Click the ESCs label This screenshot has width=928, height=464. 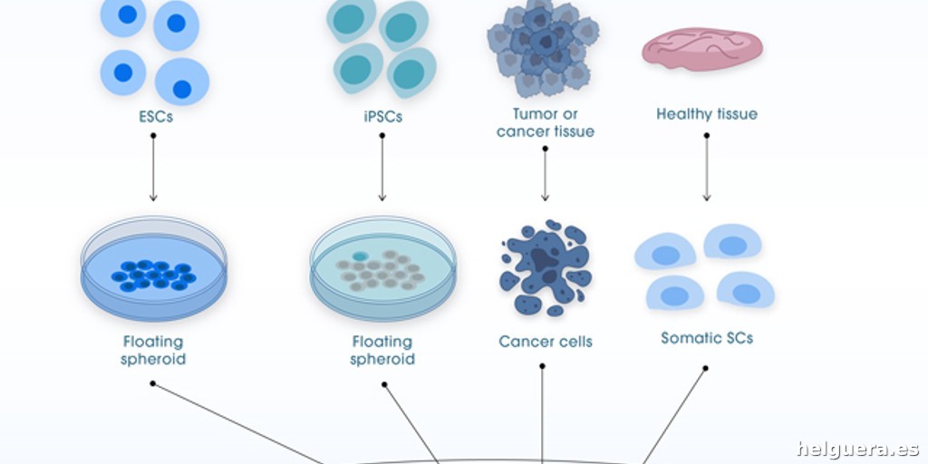tap(152, 116)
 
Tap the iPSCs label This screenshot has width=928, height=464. tap(382, 116)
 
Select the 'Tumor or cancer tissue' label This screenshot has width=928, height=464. tap(545, 122)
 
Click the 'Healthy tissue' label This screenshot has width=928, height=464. tap(706, 114)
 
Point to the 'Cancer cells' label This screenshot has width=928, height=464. tap(545, 342)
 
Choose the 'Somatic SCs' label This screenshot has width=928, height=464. tap(706, 338)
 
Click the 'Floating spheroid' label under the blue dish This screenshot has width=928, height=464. tap(153, 350)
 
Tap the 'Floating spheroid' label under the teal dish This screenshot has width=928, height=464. tap(382, 350)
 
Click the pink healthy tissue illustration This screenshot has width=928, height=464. tap(702, 49)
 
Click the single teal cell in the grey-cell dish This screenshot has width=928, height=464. tap(360, 256)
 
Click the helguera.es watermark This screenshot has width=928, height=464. tap(857, 449)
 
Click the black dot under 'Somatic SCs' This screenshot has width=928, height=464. tap(706, 368)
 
